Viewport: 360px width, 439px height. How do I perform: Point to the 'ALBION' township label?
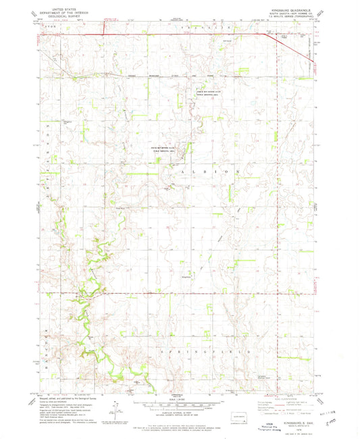(209, 173)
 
